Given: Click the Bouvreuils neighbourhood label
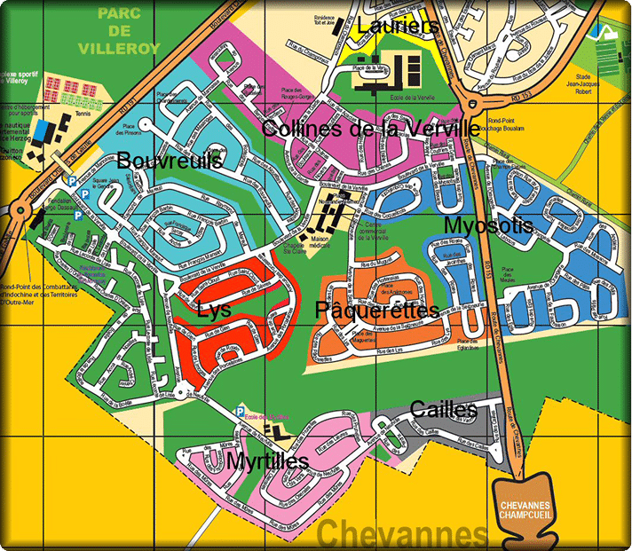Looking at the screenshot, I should pos(169,161).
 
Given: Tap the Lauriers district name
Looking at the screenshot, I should pos(398,27).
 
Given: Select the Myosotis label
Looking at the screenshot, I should pos(488,225).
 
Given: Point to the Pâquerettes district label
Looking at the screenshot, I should pos(376,311).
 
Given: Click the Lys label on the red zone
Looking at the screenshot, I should pos(215,311).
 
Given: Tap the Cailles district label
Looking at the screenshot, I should pos(444,409).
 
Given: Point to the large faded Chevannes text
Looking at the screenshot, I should pos(402,535).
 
